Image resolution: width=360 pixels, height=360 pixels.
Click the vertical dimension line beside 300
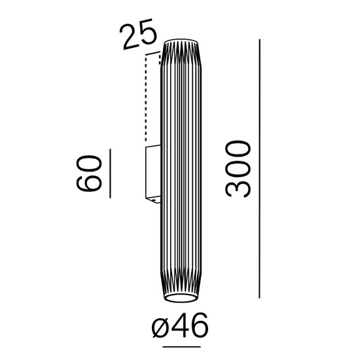(x=260, y=169)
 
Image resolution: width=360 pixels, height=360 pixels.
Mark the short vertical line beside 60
(x=109, y=173)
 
